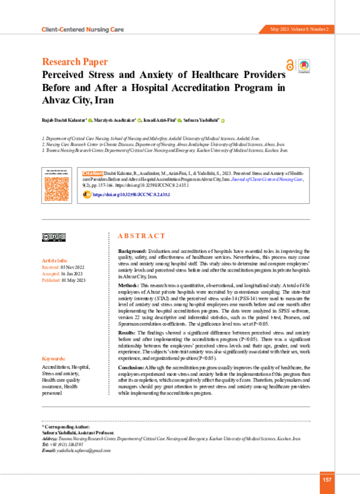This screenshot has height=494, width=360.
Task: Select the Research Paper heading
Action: point(75,62)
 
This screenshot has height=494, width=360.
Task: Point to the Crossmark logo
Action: point(304,65)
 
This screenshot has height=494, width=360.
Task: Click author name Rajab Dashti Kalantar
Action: point(64,121)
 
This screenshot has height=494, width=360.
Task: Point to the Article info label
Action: point(55,261)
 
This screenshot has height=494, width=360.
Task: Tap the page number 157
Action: point(327,479)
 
